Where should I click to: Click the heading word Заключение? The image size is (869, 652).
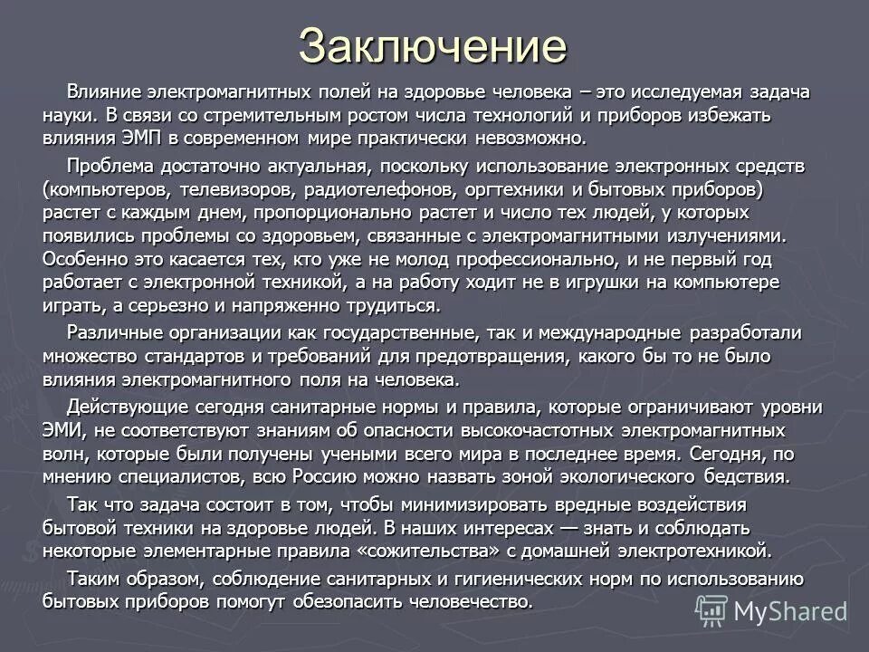[433, 44]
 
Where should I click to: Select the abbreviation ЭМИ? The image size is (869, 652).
[62, 429]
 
